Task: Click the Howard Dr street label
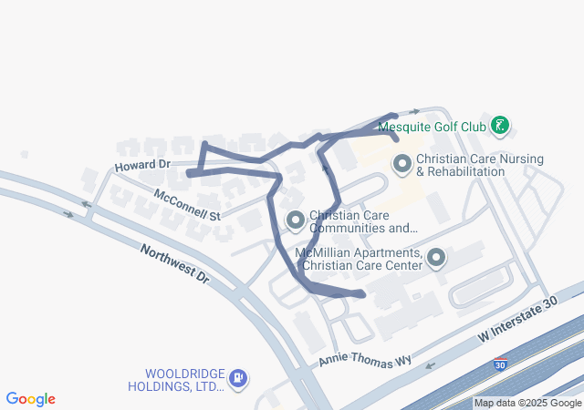(x=142, y=165)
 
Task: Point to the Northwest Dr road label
(x=174, y=263)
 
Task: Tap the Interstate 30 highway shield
(x=499, y=364)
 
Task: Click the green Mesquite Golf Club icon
(x=499, y=126)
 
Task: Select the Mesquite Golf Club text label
(x=431, y=127)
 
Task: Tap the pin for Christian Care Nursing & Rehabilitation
(x=401, y=165)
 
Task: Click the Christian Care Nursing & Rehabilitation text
(x=480, y=165)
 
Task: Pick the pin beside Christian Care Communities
(x=295, y=220)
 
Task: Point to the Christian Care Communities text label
(x=363, y=221)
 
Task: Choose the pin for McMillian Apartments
(x=435, y=259)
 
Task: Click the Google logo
(x=31, y=399)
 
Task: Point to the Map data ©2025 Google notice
(x=527, y=403)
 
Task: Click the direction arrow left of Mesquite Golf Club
(x=415, y=111)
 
